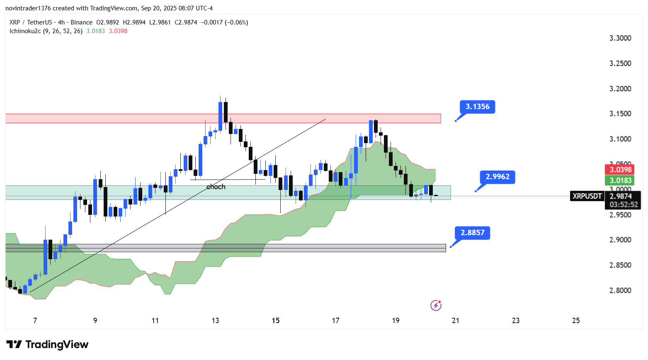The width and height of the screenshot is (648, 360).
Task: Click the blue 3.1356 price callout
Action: point(477,107)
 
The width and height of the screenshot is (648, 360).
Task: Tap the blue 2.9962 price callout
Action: point(497,177)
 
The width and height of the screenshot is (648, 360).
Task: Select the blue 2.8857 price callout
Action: point(472,233)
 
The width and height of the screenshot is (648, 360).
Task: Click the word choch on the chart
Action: point(216,187)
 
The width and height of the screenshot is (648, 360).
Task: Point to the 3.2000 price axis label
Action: point(620,89)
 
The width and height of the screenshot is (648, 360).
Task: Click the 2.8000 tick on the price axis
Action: point(620,290)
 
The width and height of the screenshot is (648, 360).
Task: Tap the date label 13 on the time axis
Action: point(215,320)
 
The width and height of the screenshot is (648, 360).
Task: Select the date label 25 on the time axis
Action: point(575,320)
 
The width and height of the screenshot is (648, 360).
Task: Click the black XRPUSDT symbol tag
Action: point(587,196)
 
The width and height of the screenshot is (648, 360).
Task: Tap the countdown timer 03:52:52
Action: point(624,204)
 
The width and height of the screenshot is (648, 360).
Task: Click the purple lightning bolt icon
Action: point(436,306)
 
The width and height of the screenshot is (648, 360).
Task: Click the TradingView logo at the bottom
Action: point(47,344)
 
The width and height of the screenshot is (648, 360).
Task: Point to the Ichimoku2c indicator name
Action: point(25,31)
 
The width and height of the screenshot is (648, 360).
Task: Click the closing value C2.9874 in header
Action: point(186,22)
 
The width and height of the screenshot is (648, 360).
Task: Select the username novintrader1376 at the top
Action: point(28,8)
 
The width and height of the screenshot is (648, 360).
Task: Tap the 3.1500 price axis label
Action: point(620,114)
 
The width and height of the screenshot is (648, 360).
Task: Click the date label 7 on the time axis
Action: point(35,320)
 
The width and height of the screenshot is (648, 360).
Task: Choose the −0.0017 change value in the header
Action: point(211,22)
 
